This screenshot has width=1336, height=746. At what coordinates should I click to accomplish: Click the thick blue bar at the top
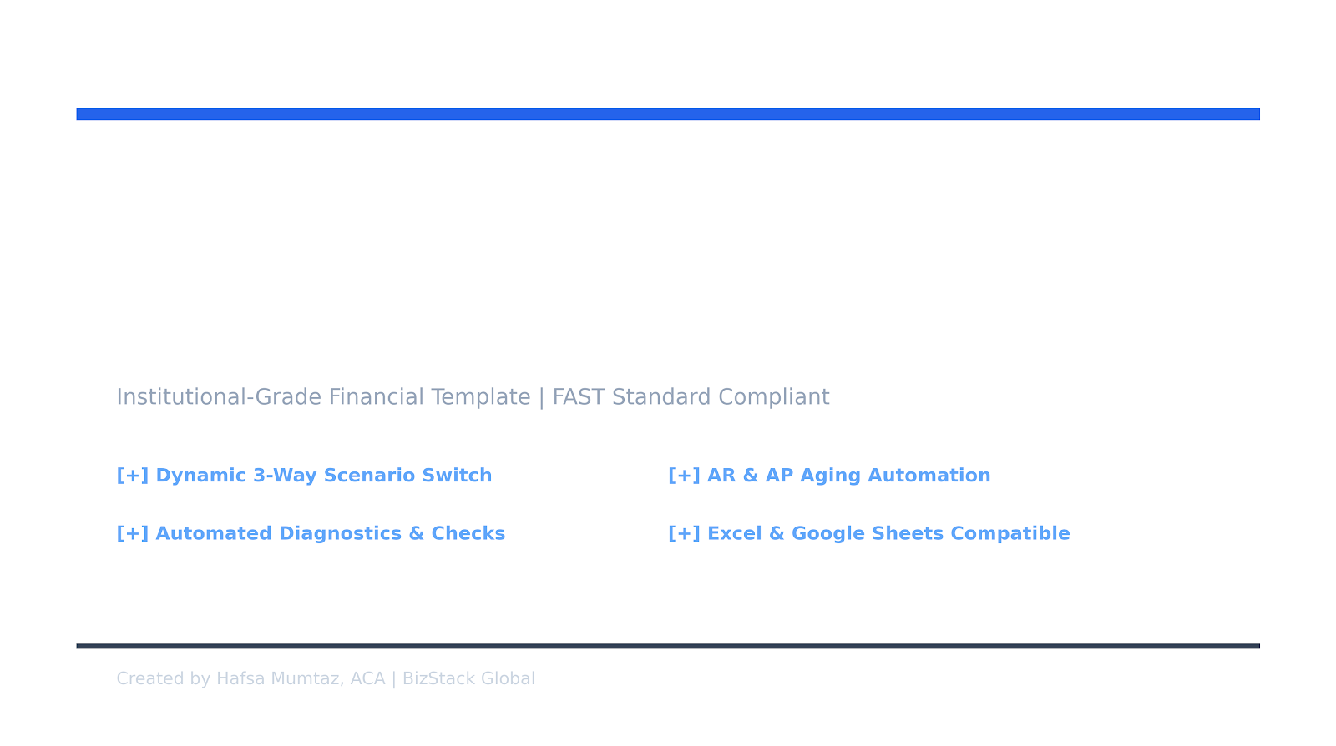668,114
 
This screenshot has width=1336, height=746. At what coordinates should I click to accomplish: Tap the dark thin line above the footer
668,646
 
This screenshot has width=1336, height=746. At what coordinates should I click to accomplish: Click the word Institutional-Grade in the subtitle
219,397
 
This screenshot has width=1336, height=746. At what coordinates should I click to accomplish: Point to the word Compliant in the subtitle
773,397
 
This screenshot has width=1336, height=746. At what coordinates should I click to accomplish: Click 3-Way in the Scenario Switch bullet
285,476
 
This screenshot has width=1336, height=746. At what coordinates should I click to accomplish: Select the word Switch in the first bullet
457,476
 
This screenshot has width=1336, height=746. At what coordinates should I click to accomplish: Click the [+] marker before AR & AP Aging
684,476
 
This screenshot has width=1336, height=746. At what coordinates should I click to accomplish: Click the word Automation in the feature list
929,476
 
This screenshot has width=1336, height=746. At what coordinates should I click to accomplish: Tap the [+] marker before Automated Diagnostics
133,533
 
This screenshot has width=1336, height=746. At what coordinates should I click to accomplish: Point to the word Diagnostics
341,534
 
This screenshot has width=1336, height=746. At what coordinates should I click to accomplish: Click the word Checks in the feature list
468,533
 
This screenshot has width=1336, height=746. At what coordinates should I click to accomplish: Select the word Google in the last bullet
828,534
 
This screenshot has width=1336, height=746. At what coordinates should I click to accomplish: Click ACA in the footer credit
367,678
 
